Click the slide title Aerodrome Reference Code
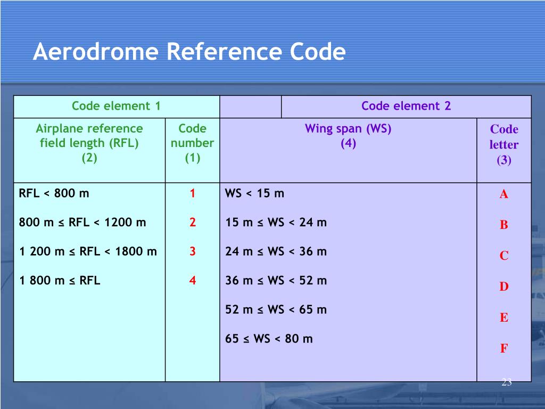coord(189,53)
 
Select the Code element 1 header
coord(116,106)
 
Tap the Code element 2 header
coord(406,106)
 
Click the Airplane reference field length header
coord(89,143)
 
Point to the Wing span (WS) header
coord(348,136)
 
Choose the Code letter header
coord(503,144)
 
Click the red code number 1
coord(193,193)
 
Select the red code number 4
coord(193,280)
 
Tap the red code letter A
coord(503,194)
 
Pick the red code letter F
coord(503,349)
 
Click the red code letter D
coord(503,287)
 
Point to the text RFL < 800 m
coord(54,193)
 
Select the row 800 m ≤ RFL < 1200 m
coord(82,222)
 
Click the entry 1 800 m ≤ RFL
coord(60,280)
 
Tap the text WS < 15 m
coord(255,193)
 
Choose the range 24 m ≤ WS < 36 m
coord(276,251)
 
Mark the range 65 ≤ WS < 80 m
coord(269,338)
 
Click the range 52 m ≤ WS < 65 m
coord(276,309)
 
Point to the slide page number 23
coord(506,382)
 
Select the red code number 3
coord(193,251)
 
